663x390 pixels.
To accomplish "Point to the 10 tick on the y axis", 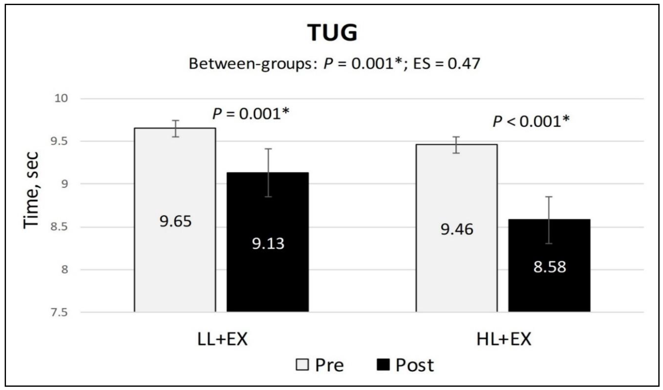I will click(61, 99).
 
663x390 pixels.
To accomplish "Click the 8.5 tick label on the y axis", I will click(59, 227).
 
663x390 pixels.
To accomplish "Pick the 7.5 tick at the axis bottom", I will click(59, 313).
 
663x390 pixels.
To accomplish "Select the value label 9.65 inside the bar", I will click(175, 221).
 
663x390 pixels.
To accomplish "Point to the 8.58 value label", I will click(550, 267).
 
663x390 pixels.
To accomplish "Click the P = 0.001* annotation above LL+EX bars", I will click(251, 114).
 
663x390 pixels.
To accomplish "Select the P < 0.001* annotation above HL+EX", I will click(531, 121).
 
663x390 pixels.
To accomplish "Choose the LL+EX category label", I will click(222, 339).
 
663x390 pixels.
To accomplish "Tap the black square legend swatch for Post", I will click(383, 365).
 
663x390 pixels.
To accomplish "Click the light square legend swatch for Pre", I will click(302, 365).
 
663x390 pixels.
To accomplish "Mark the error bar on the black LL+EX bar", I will click(268, 173).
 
